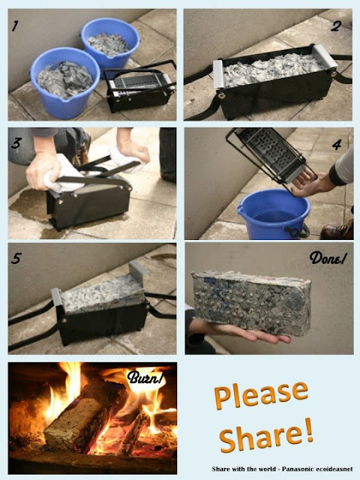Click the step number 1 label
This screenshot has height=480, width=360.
(x=15, y=25)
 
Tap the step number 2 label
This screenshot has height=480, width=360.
(x=335, y=26)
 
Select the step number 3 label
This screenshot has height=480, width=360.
(x=16, y=143)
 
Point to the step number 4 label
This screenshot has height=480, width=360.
(x=337, y=145)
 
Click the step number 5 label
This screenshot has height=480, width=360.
(x=16, y=259)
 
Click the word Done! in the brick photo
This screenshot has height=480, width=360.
(x=328, y=258)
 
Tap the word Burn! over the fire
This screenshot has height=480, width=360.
(x=145, y=377)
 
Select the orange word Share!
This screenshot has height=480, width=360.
(x=266, y=435)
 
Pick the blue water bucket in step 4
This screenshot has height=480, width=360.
(x=274, y=214)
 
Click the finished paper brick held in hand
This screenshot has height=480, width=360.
(x=251, y=302)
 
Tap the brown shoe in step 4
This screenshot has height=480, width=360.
(x=337, y=230)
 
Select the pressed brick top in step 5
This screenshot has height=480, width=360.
(x=102, y=293)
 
